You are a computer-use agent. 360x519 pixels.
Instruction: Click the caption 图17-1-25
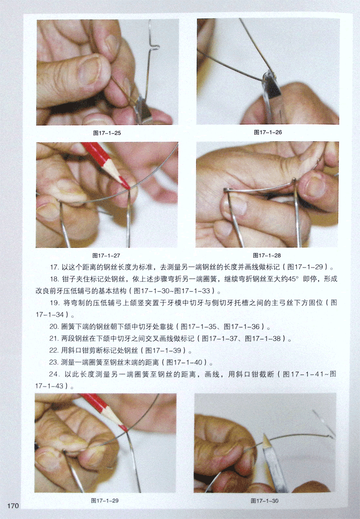point(107,133)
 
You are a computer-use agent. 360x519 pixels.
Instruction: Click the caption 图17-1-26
point(268,132)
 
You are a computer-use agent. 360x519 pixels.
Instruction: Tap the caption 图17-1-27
point(106,256)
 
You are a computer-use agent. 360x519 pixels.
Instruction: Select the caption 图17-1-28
point(267,256)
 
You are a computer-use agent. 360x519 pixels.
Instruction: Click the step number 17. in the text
point(54,267)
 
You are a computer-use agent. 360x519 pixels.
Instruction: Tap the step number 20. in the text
point(54,327)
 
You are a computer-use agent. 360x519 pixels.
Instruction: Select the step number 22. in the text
point(53,350)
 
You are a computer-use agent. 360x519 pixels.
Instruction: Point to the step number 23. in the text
point(53,362)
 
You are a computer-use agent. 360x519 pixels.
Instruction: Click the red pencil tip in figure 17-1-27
point(128,187)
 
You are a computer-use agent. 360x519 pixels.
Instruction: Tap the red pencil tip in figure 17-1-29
point(126,430)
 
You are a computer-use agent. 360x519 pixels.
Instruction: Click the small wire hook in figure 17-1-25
point(155,47)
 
